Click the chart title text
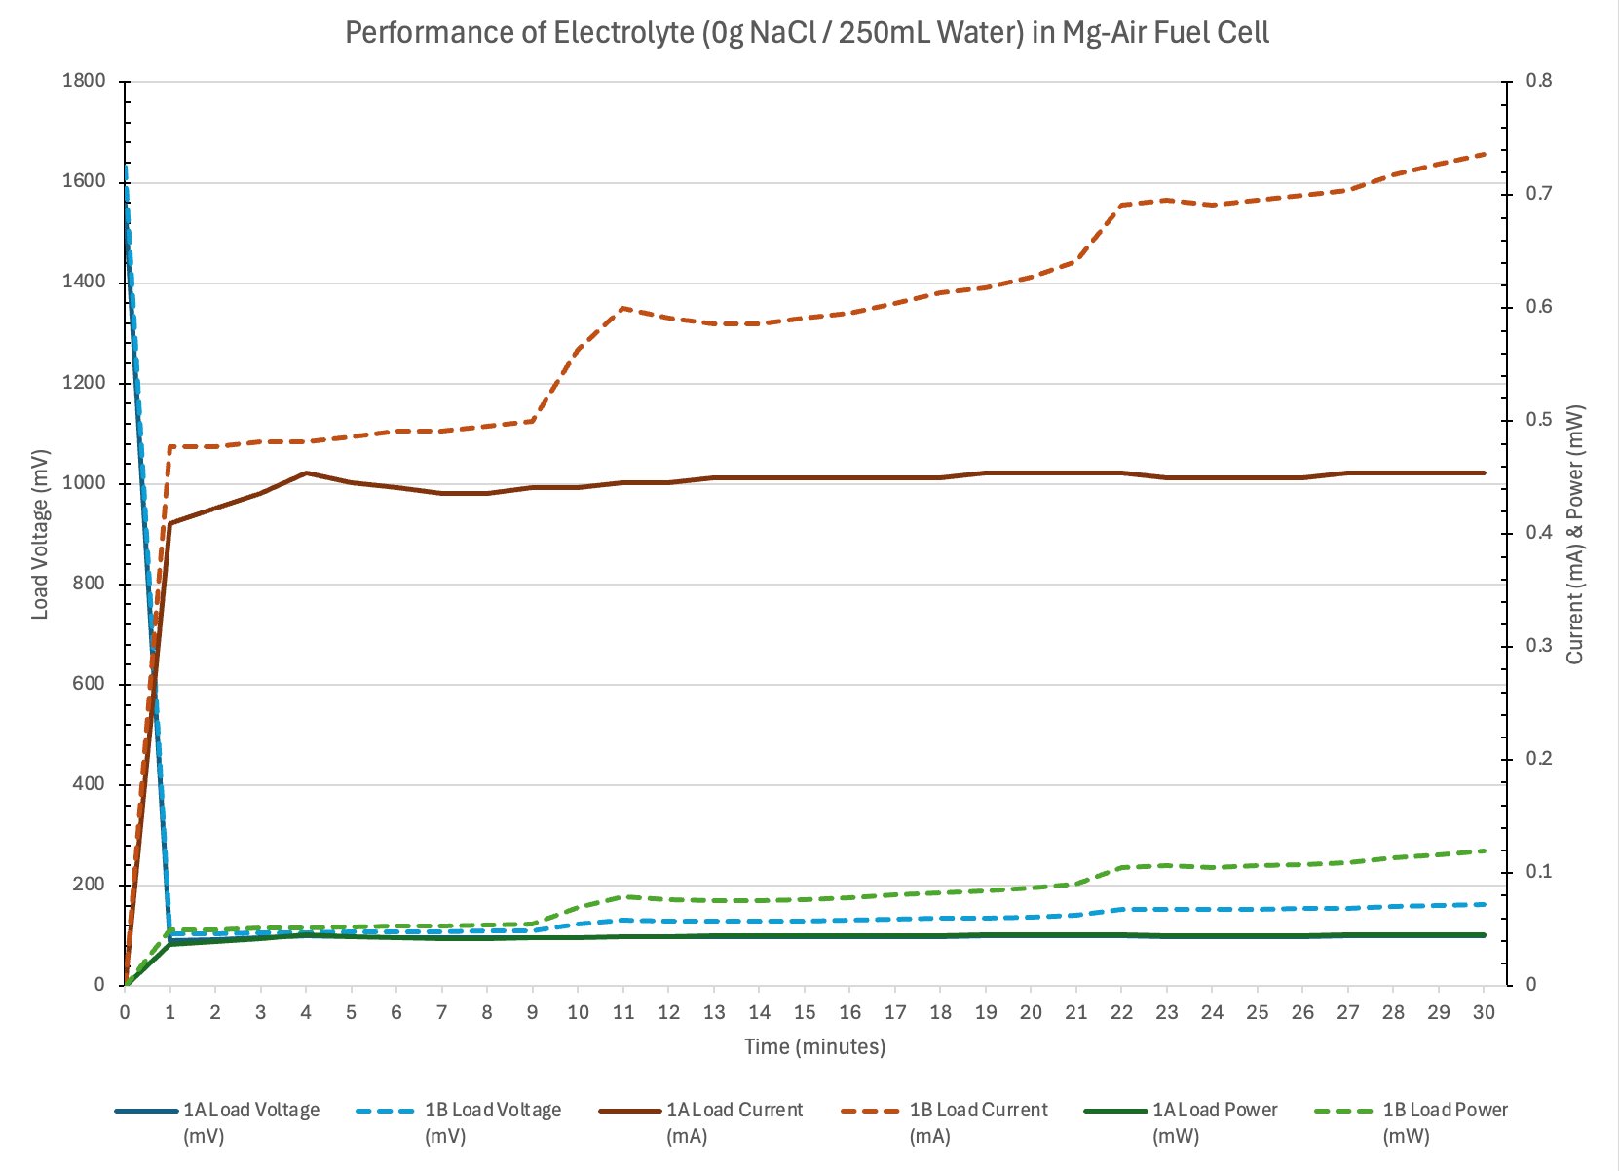[808, 33]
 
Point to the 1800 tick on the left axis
[84, 81]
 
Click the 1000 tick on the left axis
[84, 483]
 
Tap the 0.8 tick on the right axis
[1539, 81]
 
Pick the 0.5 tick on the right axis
[1539, 420]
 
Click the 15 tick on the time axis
[805, 1012]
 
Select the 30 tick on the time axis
[1484, 1012]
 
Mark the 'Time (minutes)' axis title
[815, 1047]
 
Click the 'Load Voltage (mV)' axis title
[40, 534]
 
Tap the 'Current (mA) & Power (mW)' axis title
[1575, 534]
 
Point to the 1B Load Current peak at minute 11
[623, 308]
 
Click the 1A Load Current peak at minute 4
[306, 472]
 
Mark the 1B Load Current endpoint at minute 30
[1484, 154]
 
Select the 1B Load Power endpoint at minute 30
[1484, 850]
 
